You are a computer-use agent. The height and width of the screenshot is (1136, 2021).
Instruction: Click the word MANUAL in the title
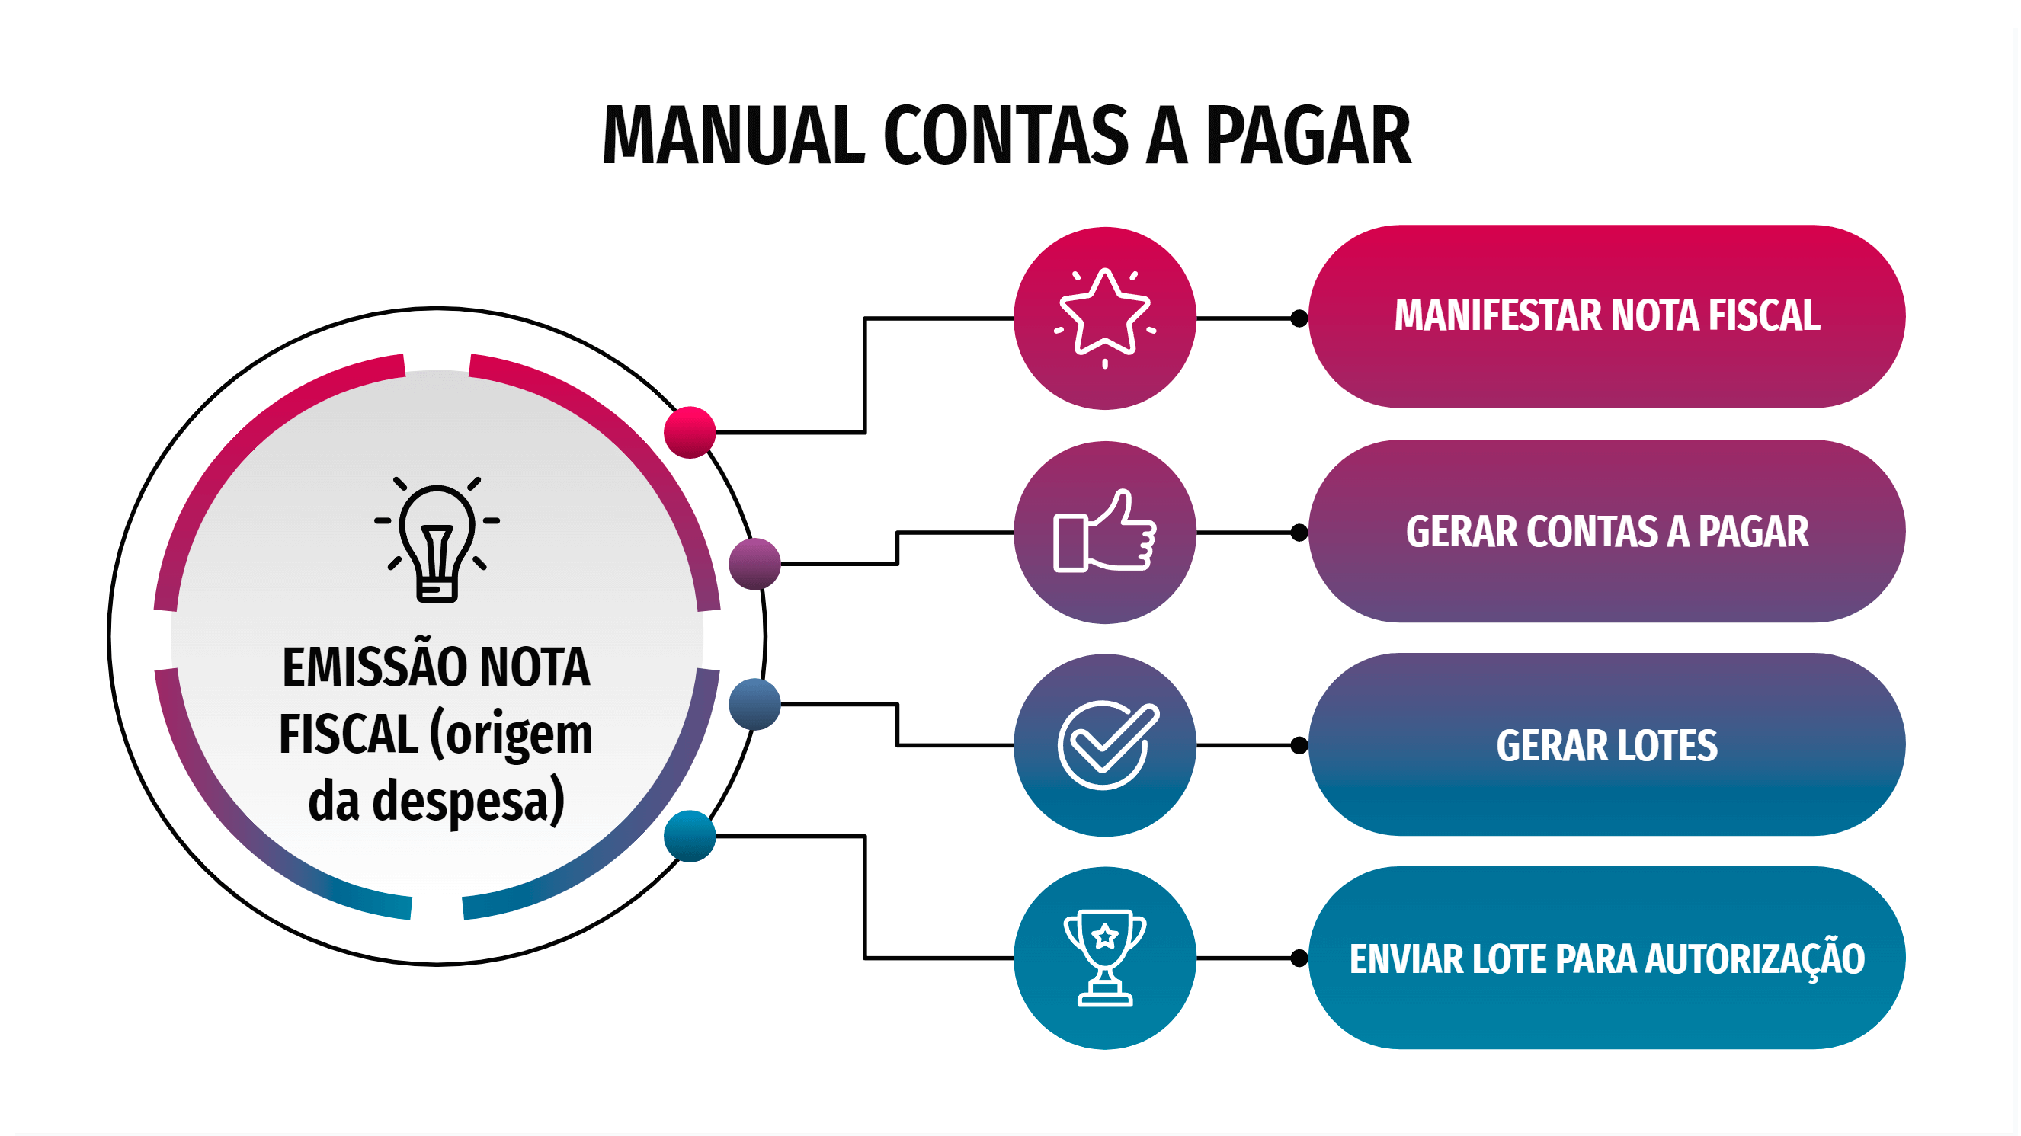733,136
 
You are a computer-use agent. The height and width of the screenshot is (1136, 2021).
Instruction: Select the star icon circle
1105,318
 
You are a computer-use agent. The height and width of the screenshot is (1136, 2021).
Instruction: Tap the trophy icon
1105,958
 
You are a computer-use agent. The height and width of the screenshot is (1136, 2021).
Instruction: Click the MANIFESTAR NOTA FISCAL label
1606,316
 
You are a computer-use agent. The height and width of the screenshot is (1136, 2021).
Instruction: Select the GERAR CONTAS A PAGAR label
1606,532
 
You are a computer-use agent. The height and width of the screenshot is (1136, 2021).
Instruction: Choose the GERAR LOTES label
1606,745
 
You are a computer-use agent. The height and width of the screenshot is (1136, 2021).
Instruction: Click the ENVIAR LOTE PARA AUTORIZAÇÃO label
1606,958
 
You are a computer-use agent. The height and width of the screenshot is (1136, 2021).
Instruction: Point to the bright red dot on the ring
690,432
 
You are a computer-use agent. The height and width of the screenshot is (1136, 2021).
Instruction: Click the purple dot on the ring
754,563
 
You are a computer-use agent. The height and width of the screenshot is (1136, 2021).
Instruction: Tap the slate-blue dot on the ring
754,705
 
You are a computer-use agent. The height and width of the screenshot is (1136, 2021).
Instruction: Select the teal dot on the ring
690,837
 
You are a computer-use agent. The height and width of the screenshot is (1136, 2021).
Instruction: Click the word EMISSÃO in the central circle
373,667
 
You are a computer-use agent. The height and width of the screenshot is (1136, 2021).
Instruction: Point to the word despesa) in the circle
469,801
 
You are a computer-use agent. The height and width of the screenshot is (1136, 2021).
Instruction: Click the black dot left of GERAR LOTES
1299,745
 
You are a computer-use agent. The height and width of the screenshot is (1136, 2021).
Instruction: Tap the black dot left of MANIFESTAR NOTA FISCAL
1299,318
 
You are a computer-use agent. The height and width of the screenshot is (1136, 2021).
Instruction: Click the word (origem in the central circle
511,734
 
